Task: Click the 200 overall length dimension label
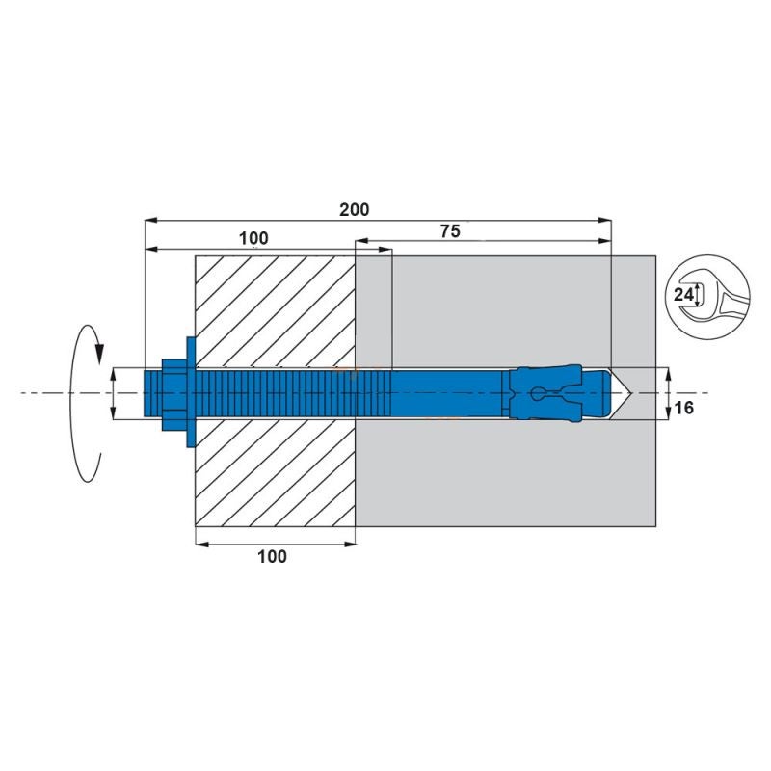coord(355,209)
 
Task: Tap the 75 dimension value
coord(450,230)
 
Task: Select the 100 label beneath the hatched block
coord(273,556)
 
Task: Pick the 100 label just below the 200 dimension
coord(253,238)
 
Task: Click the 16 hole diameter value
coord(684,408)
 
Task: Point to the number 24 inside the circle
coord(682,295)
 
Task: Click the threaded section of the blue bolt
coord(279,393)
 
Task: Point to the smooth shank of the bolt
coord(443,393)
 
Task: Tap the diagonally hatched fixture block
coord(275,308)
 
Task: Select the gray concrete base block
coord(511,472)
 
